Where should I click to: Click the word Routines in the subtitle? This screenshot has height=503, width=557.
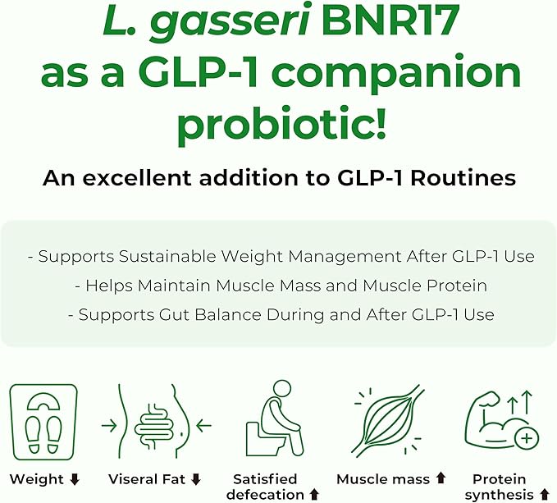[x=461, y=178]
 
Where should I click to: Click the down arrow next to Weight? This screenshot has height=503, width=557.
[x=75, y=479]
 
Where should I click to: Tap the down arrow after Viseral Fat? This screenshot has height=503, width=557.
[x=196, y=479]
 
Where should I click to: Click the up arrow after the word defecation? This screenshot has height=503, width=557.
[x=313, y=494]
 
